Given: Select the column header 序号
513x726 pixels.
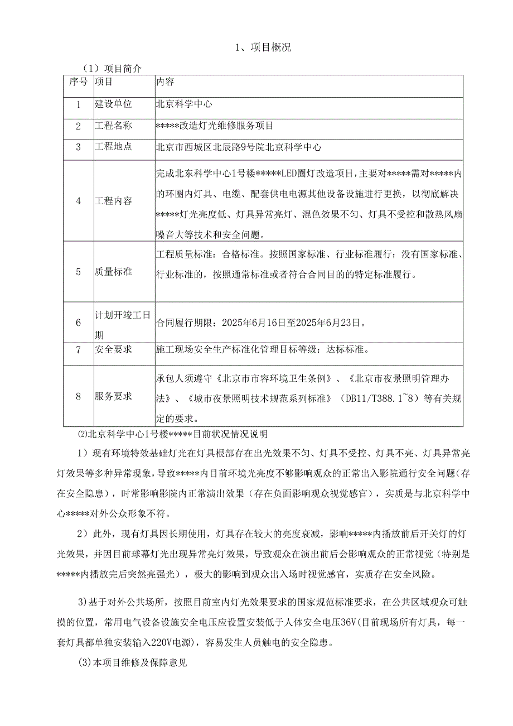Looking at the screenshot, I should (x=78, y=82).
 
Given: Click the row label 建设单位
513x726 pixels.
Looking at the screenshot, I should (x=113, y=104).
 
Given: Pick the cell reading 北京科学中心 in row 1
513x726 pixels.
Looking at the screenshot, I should (x=184, y=104).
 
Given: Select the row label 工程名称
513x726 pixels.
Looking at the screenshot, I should (x=113, y=126).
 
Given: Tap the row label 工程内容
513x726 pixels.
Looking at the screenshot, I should (x=113, y=201).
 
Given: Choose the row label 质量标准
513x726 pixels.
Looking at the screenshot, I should (x=113, y=272).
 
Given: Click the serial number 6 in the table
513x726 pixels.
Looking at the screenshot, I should (x=79, y=322).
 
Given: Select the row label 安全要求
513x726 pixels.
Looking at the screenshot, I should (x=113, y=350).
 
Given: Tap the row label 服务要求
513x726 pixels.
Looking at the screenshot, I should (x=113, y=397).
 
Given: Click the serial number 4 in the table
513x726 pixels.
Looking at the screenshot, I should (x=79, y=201).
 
